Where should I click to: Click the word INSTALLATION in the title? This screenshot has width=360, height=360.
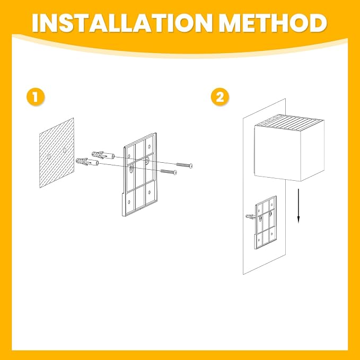pyautogui.click(x=122, y=23)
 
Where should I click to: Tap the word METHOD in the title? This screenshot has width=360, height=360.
pyautogui.click(x=273, y=23)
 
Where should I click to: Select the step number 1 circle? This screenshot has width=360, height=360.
pyautogui.click(x=36, y=97)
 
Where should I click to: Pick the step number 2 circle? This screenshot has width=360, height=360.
pyautogui.click(x=220, y=97)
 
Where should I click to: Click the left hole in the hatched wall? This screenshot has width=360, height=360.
pyautogui.click(x=49, y=157)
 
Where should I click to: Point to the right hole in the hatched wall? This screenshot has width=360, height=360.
pyautogui.click(x=65, y=151)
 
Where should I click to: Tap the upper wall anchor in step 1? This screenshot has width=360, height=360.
pyautogui.click(x=103, y=155)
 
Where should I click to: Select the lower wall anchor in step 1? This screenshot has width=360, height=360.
pyautogui.click(x=87, y=162)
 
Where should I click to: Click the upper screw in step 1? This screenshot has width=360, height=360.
pyautogui.click(x=184, y=165)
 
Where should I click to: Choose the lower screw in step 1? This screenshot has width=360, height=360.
pyautogui.click(x=169, y=171)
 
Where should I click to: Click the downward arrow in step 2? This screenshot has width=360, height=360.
pyautogui.click(x=298, y=206)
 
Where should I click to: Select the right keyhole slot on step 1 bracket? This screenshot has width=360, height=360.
pyautogui.click(x=147, y=161)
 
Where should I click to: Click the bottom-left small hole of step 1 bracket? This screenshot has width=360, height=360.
pyautogui.click(x=129, y=202)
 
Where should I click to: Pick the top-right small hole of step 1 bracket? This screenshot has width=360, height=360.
pyautogui.click(x=150, y=146)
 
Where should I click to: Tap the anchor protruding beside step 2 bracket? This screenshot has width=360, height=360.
pyautogui.click(x=250, y=216)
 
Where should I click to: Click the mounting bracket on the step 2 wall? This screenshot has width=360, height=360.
pyautogui.click(x=266, y=222)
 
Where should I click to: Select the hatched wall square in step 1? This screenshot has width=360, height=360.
pyautogui.click(x=57, y=153)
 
